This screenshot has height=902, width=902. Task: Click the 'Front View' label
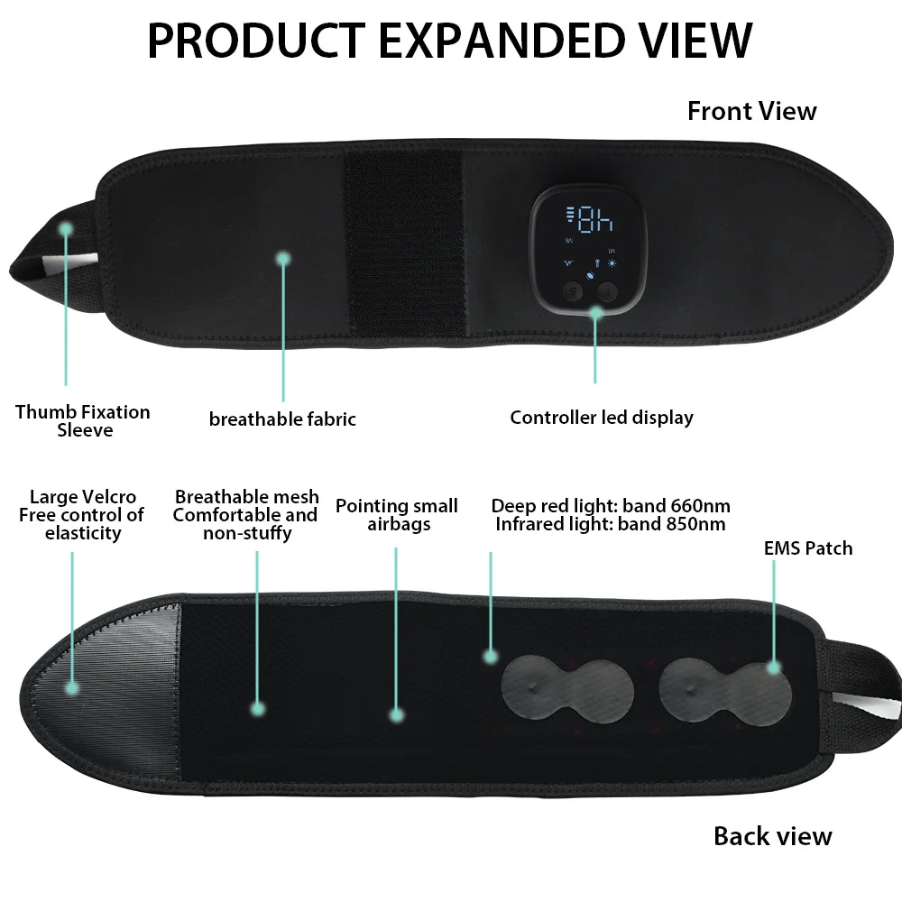[x=751, y=111]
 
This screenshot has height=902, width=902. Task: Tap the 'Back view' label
[x=772, y=835]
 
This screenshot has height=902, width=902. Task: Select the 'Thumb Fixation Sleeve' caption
[x=83, y=421]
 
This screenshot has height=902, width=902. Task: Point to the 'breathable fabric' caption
[x=282, y=419]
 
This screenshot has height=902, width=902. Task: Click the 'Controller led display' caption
[x=602, y=418]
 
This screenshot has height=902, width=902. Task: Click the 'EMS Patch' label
[x=807, y=548]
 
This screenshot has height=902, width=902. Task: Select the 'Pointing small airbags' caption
[x=397, y=515]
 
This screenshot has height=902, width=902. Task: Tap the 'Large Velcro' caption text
[x=83, y=497]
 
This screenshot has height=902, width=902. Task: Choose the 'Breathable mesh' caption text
[x=246, y=497]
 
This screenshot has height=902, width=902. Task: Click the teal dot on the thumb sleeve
[x=65, y=229]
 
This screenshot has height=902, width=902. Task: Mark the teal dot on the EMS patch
[x=773, y=667]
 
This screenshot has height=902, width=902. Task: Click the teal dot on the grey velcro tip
[x=72, y=687]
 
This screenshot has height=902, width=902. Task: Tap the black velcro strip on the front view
[x=403, y=244]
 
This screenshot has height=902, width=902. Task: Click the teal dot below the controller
[x=595, y=312]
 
